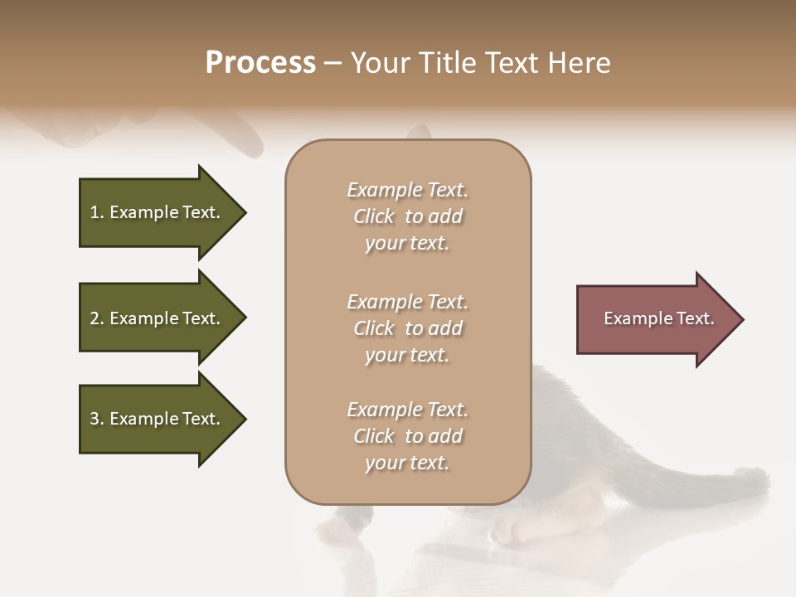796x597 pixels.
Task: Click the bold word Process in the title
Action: (260, 63)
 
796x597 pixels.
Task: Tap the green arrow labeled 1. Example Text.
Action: (158, 212)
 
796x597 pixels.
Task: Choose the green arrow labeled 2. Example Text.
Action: (158, 318)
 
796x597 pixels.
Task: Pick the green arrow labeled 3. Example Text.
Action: (158, 419)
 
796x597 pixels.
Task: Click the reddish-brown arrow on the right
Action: (655, 319)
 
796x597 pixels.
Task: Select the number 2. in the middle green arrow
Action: (97, 318)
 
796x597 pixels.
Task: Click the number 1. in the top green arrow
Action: (97, 212)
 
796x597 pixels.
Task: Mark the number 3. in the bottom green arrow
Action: (97, 419)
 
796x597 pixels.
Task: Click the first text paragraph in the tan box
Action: (407, 216)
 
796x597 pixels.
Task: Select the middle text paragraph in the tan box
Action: (407, 328)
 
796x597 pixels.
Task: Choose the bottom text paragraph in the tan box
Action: (407, 436)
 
